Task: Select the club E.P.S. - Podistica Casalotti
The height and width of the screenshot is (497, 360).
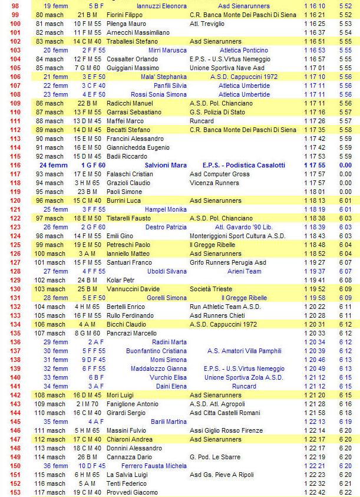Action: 243,165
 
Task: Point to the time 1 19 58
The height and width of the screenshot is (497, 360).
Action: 315,298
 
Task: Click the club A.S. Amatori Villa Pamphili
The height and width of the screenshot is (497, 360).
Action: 244,351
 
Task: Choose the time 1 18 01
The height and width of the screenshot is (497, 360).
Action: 315,192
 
